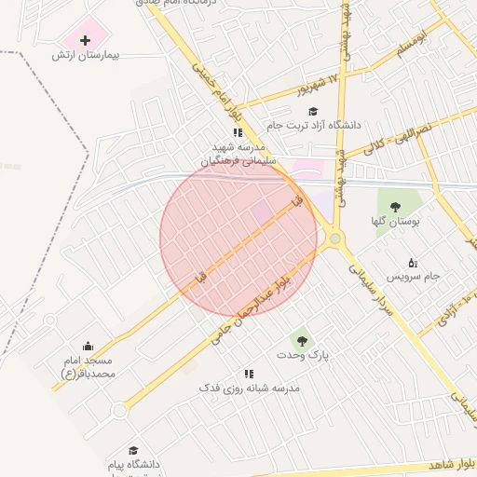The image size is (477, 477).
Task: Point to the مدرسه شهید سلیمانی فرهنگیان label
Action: (238, 154)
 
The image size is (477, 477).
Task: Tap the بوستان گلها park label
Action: (397, 221)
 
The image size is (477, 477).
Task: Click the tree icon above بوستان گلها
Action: (396, 206)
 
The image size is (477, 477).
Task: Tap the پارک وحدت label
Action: (303, 355)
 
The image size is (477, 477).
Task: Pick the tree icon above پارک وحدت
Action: (299, 338)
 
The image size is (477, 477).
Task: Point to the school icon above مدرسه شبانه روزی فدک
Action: (248, 374)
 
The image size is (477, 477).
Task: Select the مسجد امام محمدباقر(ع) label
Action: (88, 366)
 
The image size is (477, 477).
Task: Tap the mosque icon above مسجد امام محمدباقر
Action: (89, 347)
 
